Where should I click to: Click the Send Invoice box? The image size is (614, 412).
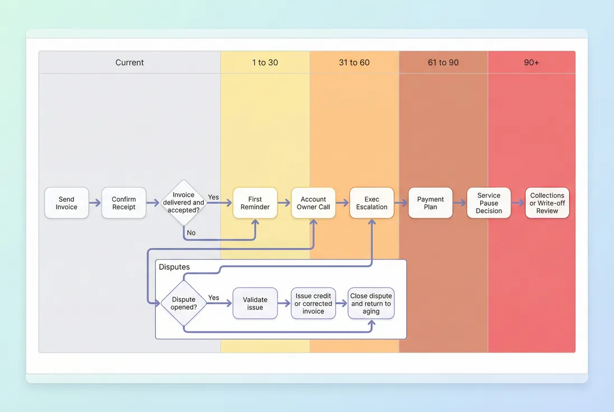point(67,203)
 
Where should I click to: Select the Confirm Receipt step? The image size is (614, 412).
point(124,203)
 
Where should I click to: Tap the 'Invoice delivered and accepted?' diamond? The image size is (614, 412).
point(183,203)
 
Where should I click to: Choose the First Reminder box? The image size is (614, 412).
point(255,203)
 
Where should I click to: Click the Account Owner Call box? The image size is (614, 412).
point(313,203)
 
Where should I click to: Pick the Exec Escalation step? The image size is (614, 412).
point(371,203)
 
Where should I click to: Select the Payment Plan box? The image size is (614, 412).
point(430,203)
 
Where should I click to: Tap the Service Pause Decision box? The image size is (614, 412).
point(489,203)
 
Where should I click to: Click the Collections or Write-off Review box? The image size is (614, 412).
point(547,203)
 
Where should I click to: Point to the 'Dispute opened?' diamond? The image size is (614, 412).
point(184,303)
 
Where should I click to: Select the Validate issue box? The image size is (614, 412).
point(255,303)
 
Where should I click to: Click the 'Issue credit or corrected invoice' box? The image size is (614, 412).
point(313,303)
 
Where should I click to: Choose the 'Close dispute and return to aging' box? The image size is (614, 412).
point(371,303)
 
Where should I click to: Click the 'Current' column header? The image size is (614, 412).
point(129,62)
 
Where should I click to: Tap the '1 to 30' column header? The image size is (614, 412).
point(265,62)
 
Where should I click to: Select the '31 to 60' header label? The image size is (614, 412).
point(354,62)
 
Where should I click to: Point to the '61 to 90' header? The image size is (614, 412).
point(443,62)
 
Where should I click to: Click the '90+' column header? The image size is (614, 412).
point(531,62)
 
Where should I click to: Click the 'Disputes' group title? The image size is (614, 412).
point(174,267)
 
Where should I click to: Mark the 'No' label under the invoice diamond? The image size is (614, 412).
point(191,233)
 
